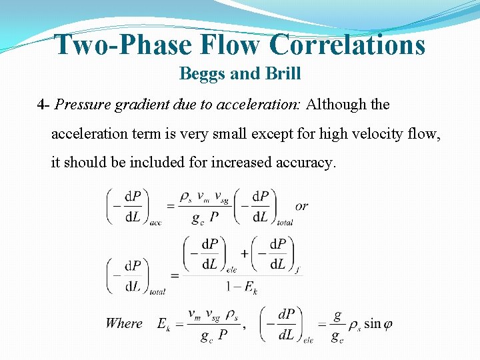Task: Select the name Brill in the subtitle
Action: (283, 74)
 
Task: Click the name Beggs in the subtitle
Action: (203, 74)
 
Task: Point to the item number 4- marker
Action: (44, 105)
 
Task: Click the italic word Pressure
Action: (81, 105)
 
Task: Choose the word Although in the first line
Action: (337, 105)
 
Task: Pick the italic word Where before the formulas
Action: (124, 323)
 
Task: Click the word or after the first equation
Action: (301, 206)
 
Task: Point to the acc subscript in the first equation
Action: (155, 223)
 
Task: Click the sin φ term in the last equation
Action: (378, 324)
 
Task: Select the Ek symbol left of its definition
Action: (163, 325)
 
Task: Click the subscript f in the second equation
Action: (297, 269)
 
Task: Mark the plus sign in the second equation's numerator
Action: (244, 253)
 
